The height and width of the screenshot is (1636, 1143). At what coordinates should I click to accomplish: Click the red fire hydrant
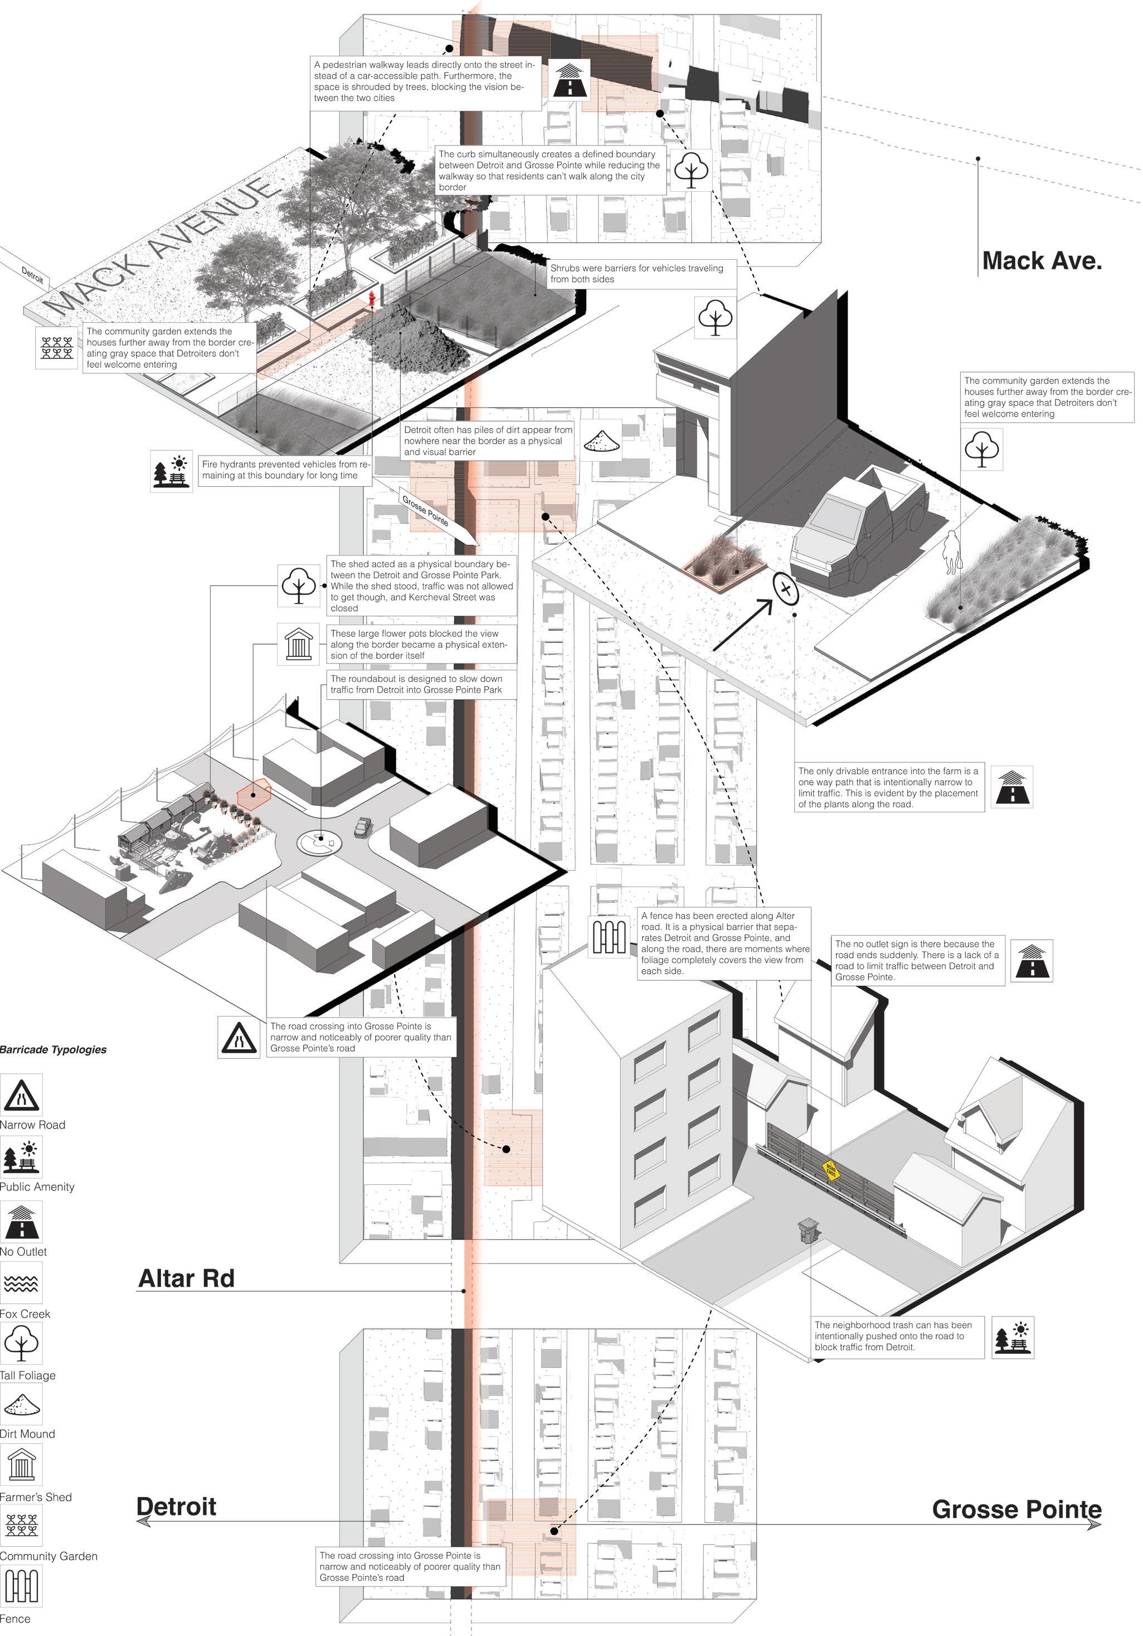(x=371, y=298)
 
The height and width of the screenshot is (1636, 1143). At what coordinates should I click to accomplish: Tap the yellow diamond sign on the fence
(x=830, y=1169)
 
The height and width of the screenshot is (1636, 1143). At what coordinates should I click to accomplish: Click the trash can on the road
(x=807, y=1231)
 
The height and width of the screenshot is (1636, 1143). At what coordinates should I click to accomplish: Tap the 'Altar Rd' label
(x=186, y=1279)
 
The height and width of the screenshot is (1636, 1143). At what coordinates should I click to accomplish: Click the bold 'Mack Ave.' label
(x=1042, y=261)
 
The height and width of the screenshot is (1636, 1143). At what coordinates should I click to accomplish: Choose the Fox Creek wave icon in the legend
(x=21, y=1283)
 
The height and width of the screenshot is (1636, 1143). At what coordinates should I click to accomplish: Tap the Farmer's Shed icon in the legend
(x=21, y=1465)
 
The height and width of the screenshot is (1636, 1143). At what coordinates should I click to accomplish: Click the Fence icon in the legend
(x=21, y=1586)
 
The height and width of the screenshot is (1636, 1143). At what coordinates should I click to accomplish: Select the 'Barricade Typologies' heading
(x=53, y=1049)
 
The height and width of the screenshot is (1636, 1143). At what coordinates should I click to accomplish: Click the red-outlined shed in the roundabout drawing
(x=254, y=793)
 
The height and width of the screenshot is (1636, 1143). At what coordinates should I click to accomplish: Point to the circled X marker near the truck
(x=786, y=589)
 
